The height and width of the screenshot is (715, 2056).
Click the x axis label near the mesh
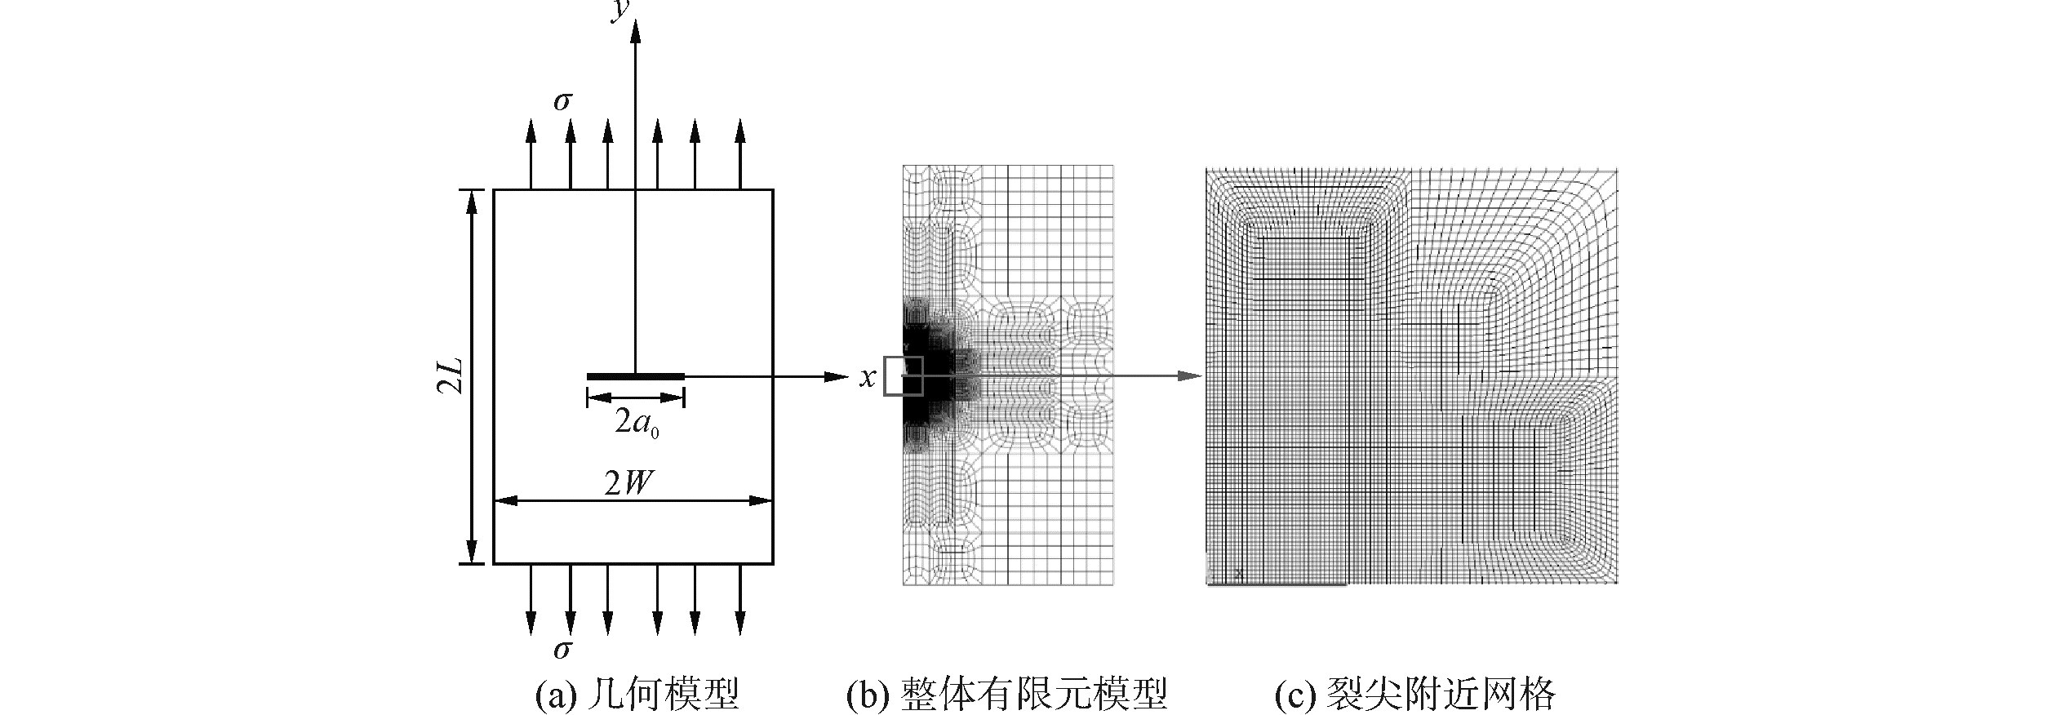[867, 377]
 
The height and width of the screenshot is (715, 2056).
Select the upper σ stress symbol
[562, 102]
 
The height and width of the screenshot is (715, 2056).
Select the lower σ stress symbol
[562, 650]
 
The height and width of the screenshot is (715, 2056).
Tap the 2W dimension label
[629, 485]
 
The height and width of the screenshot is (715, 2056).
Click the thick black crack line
[635, 376]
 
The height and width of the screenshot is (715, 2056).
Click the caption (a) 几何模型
[637, 695]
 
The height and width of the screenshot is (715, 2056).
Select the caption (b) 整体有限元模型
[1007, 695]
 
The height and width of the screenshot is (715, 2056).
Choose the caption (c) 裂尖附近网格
[1415, 695]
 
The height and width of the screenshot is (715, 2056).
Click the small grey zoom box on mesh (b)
[904, 376]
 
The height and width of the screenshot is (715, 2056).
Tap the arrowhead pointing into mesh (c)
[1192, 376]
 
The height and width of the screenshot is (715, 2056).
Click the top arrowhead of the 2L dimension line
[471, 201]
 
